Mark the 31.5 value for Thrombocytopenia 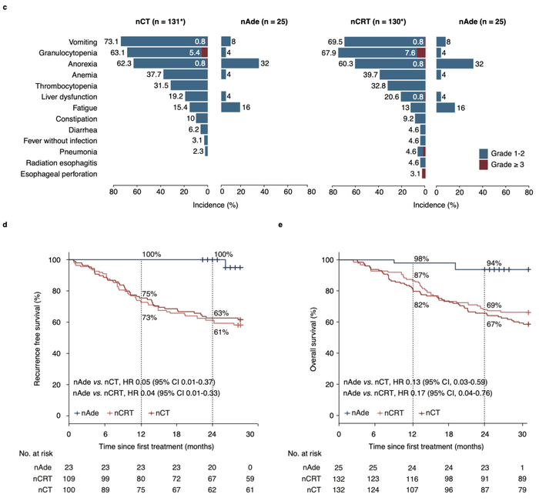click(161, 85)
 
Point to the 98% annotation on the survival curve click(421, 258)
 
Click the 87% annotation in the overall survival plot click(422, 276)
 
